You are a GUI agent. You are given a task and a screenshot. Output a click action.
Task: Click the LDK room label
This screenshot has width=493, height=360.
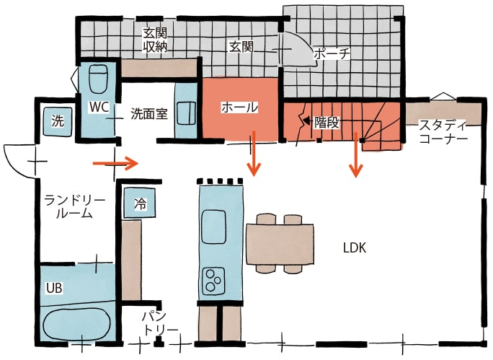pos(355,248)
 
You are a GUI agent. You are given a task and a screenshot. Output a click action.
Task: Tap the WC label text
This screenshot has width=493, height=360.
pos(99,107)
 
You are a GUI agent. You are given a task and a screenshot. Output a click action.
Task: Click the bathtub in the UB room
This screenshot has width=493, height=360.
pos(76,322)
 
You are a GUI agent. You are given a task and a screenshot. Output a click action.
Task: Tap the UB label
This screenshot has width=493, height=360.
pos(55,288)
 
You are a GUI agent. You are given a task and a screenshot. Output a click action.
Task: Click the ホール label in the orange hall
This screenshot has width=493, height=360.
pos(239,107)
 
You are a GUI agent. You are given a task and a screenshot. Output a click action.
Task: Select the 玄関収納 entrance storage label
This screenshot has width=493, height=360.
pos(155,40)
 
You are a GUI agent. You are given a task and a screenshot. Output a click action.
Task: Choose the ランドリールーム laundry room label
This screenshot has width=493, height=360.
pos(76,206)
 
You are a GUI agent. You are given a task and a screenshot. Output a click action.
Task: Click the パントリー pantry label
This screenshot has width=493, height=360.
pos(159,323)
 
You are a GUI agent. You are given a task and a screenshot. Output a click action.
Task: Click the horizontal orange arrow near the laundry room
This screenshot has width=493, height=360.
pos(115,164)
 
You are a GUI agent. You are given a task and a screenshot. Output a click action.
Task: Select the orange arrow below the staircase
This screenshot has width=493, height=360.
pos(355,154)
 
